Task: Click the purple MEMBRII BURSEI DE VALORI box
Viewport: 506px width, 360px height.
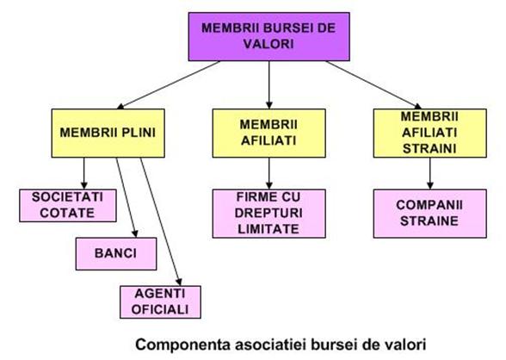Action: pos(269,37)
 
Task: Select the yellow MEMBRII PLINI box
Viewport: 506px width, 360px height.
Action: pos(108,133)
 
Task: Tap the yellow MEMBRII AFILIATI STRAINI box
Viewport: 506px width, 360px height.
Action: pos(430,133)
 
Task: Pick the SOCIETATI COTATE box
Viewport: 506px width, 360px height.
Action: pos(68,205)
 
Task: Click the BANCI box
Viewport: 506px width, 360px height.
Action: pos(116,254)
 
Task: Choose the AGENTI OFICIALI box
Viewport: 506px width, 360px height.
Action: pos(160,302)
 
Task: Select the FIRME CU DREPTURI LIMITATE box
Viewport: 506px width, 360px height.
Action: pos(269,214)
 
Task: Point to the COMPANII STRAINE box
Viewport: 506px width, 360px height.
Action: pos(430,214)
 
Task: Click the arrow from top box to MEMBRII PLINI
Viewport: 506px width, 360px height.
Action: pos(169,85)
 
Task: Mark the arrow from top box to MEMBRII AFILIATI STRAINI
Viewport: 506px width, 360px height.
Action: pos(373,85)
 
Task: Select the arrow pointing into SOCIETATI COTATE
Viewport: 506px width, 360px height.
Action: pos(84,173)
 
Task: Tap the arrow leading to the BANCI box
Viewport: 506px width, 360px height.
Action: pos(127,197)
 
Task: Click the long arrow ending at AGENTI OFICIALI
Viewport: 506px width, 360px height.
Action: pos(161,222)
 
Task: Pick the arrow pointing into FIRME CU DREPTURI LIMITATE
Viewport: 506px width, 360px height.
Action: pos(269,173)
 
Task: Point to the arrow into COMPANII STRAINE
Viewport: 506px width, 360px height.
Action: pos(430,173)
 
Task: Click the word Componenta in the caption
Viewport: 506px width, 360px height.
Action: pos(183,344)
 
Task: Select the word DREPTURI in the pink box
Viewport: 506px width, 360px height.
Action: pos(268,213)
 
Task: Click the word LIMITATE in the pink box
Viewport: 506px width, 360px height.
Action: pos(268,229)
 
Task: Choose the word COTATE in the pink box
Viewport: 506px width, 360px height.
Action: pos(67,213)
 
